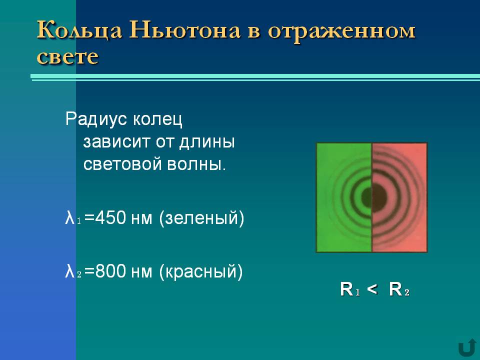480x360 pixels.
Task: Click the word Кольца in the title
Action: (x=79, y=30)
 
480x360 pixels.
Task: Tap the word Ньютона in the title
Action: (x=184, y=30)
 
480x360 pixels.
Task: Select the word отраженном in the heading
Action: (x=341, y=31)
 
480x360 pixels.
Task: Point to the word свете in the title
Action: (x=67, y=56)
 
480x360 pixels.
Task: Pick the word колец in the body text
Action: (x=157, y=119)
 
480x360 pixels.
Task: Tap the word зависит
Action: (x=117, y=141)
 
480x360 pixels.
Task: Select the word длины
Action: (x=207, y=142)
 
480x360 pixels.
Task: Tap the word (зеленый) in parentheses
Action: (x=201, y=218)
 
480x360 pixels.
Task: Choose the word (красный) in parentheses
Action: (x=201, y=271)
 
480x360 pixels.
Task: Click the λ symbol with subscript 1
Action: (x=73, y=218)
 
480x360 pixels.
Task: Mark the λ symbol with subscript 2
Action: (x=73, y=271)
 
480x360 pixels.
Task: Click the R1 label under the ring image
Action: (x=350, y=289)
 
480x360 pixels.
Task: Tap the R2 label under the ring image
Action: (x=399, y=289)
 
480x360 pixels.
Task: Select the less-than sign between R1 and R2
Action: (x=372, y=289)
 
